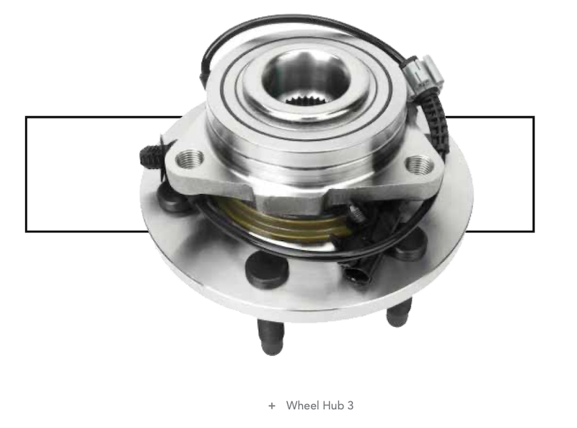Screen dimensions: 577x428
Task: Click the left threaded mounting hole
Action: (190, 159)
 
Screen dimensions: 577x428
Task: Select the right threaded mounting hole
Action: (419, 165)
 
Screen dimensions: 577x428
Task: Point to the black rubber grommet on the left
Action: (151, 156)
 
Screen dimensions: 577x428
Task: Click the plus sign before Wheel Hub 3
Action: (272, 406)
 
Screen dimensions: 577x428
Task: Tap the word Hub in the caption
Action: (333, 405)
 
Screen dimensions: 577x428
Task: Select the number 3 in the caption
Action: (351, 406)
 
